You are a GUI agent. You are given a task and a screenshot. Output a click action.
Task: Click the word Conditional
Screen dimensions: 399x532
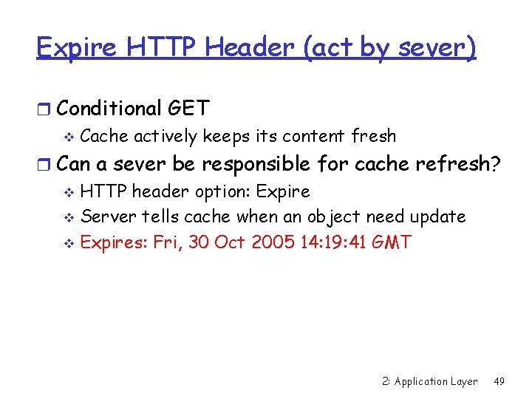click(x=109, y=109)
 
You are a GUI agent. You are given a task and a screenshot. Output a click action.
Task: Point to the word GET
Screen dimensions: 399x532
click(x=189, y=109)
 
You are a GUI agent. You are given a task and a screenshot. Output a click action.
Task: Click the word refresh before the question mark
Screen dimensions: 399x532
click(x=447, y=163)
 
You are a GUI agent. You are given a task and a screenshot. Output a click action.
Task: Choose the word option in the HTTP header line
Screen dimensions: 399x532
click(x=222, y=192)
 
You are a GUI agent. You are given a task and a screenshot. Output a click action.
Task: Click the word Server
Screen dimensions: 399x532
click(x=104, y=216)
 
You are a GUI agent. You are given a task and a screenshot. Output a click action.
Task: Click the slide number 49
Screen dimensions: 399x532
click(x=499, y=381)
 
